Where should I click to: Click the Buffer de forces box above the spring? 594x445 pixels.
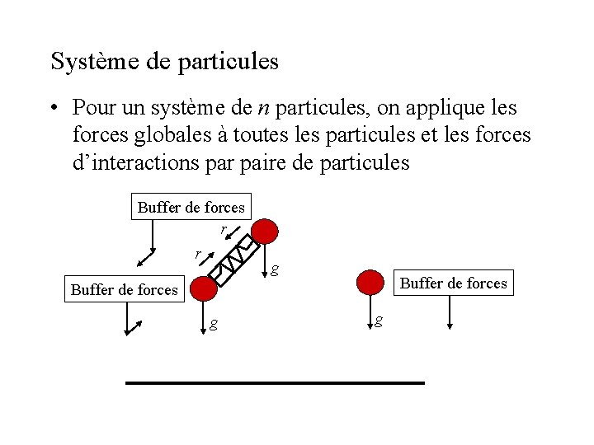pos(191,207)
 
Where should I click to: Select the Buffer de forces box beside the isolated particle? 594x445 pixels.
pos(453,283)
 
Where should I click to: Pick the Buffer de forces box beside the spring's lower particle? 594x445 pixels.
pos(125,289)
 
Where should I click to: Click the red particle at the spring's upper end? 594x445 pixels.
pos(265,232)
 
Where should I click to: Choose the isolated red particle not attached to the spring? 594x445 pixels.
pos(371,283)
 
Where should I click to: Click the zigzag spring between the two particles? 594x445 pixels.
pos(233,259)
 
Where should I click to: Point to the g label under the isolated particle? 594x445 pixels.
pos(378,321)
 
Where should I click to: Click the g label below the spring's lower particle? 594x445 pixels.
pos(214,324)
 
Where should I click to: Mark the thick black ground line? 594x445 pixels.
pos(275,383)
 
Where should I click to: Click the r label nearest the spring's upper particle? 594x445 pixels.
pos(224,227)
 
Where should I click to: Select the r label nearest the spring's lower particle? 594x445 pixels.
pos(197,254)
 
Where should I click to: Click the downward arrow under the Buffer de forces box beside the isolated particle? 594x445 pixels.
pos(450,312)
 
